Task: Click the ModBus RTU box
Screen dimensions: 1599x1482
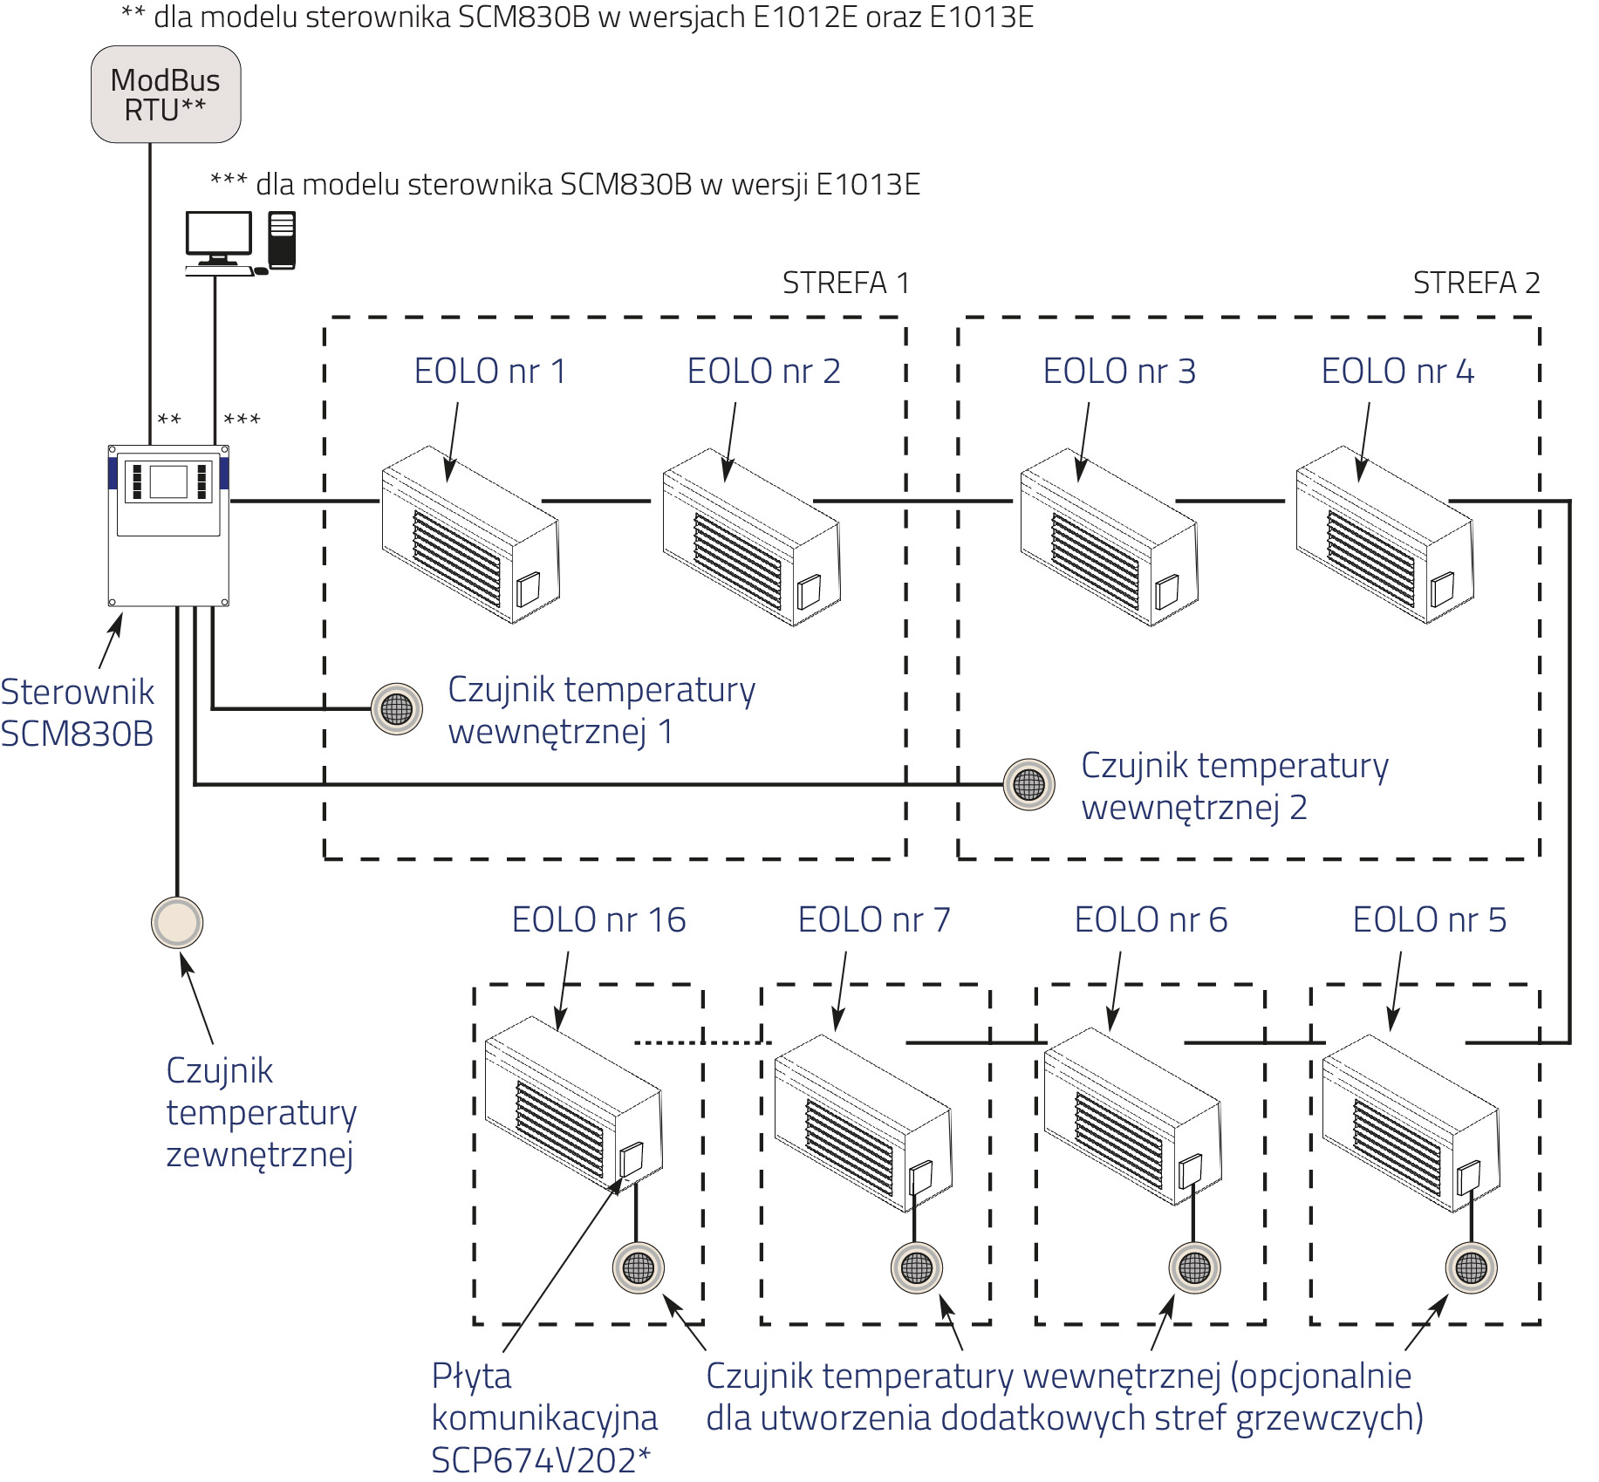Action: coord(166,94)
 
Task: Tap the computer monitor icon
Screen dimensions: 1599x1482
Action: coord(218,238)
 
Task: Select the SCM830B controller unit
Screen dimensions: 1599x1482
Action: coord(168,525)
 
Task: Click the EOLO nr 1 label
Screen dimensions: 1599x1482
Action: coord(489,371)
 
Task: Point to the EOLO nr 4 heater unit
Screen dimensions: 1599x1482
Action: coord(1384,535)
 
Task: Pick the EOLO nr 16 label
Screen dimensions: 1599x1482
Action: coord(598,919)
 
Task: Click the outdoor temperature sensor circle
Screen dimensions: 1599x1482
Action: coord(177,922)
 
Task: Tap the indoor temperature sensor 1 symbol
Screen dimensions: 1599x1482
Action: coord(397,709)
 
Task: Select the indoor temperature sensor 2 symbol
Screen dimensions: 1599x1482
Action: coord(1028,784)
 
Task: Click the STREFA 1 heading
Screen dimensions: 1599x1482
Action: coord(845,283)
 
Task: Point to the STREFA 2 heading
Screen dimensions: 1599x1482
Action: coord(1476,283)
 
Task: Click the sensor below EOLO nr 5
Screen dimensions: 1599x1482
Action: coord(1472,1267)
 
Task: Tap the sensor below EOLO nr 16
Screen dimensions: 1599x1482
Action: coord(639,1267)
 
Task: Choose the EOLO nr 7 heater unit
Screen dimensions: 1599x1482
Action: coord(863,1123)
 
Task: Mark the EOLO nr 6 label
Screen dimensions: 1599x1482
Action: coord(1151,919)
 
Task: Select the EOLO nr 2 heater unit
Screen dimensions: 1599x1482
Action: coord(751,536)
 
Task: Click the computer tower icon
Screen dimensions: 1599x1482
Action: coord(282,240)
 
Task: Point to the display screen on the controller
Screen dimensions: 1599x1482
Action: coord(168,481)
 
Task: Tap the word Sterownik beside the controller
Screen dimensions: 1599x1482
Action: coord(77,692)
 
